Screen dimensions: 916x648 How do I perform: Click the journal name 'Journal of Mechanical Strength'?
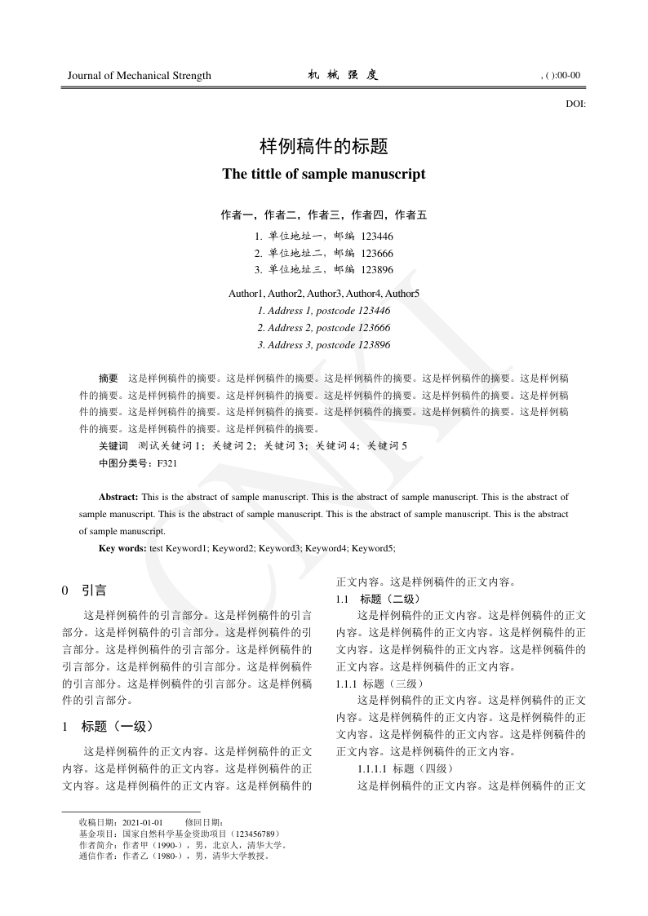[x=139, y=76]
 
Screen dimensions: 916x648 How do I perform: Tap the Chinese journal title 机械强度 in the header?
[x=343, y=75]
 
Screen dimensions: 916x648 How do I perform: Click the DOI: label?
[x=575, y=104]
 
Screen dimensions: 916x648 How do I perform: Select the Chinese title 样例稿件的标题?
[x=323, y=147]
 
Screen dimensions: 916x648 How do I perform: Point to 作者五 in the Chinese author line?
[x=411, y=215]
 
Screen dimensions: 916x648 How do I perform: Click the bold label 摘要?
[x=109, y=378]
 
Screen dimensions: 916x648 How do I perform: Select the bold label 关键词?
[x=113, y=446]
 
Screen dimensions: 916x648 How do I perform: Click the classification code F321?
[x=166, y=463]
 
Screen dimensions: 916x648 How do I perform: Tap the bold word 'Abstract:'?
[x=119, y=496]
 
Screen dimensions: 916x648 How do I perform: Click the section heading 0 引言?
[x=84, y=589]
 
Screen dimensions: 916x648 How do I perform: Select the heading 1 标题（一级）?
[x=108, y=725]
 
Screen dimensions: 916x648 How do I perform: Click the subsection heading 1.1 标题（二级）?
[x=378, y=599]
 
